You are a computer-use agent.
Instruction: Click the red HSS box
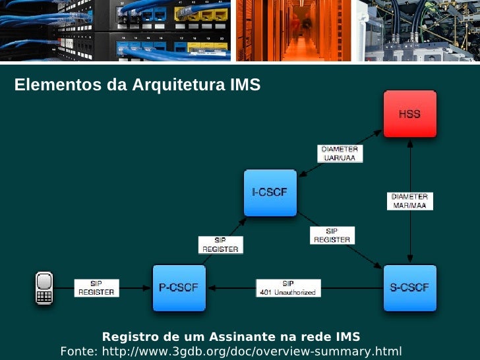[409, 115]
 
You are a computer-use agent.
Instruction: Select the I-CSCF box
[270, 193]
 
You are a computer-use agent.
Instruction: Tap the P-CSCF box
[178, 287]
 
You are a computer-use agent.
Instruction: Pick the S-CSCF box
[409, 287]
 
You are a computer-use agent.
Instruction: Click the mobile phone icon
[44, 288]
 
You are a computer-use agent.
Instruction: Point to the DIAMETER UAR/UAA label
[340, 154]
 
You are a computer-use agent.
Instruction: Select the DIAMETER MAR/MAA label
[409, 201]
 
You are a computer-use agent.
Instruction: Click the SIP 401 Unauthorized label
[288, 288]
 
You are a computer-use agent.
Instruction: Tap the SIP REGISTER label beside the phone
[96, 288]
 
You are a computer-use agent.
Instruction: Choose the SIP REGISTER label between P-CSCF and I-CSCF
[220, 245]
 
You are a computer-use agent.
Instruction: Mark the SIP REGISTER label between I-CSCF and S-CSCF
[332, 236]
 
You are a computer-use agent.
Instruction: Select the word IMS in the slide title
[245, 86]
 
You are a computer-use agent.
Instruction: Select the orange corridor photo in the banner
[294, 30]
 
